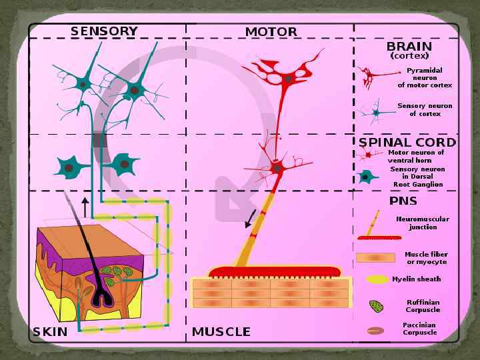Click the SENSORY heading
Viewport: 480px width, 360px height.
click(104, 31)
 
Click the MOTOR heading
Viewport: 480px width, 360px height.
click(271, 32)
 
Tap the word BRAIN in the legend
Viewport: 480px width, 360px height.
click(409, 47)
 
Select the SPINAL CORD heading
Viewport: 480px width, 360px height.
click(407, 142)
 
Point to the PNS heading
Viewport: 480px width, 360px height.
click(403, 201)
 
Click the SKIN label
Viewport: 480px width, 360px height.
click(50, 331)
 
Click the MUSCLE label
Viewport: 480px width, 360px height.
click(221, 331)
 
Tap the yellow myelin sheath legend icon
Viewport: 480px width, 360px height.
click(376, 279)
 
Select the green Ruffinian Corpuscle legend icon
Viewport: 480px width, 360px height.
click(376, 306)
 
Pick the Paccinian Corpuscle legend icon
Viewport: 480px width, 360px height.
click(375, 330)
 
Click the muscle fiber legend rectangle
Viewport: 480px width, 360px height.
click(376, 257)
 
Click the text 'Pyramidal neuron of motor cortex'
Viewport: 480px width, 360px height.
click(425, 77)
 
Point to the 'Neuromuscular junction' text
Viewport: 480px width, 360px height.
click(423, 223)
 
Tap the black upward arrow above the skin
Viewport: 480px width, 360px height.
click(85, 206)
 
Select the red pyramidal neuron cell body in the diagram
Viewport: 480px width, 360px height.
click(288, 79)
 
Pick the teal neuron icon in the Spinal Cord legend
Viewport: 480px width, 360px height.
click(365, 177)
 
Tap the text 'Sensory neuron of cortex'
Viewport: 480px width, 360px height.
click(425, 109)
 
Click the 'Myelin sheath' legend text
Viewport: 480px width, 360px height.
click(416, 279)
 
